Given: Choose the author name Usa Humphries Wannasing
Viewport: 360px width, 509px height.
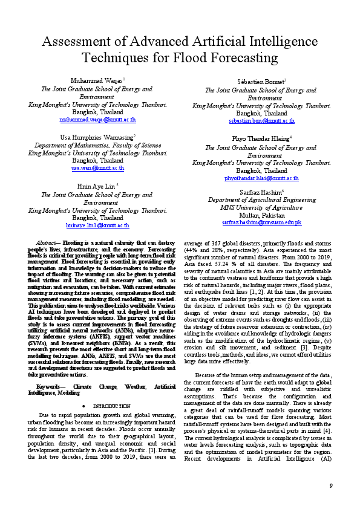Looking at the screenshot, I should [x=96, y=137].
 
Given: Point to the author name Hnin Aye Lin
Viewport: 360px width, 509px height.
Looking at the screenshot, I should [x=96, y=186].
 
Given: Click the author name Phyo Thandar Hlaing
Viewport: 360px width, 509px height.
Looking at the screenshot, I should [x=260, y=138].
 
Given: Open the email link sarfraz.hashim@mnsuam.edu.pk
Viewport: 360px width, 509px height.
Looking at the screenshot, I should [x=262, y=222].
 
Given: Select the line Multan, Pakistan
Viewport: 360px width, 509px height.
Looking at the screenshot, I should [x=262, y=215].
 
